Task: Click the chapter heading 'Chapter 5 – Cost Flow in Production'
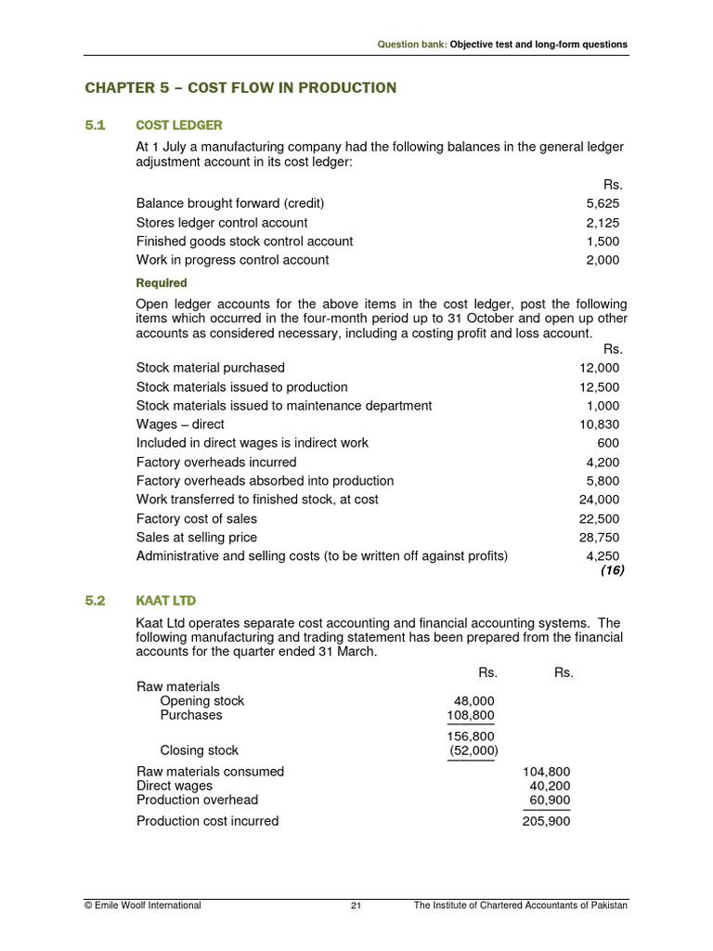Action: coord(240,88)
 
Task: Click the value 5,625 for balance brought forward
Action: coord(603,203)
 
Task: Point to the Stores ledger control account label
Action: coord(222,223)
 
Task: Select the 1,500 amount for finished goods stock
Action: coord(603,241)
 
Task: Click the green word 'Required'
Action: coord(162,283)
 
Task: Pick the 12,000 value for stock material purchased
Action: coord(600,368)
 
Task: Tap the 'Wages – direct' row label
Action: coord(180,424)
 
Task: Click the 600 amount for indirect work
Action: coord(608,443)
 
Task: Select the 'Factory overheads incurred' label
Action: coord(216,462)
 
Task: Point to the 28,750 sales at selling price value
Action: coord(600,538)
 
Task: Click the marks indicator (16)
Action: coord(612,570)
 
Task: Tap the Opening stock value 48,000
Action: coord(473,701)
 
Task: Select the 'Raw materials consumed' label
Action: coord(211,772)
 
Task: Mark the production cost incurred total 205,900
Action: coord(547,821)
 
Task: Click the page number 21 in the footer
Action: coord(356,905)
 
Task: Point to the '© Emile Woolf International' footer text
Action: coord(142,905)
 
